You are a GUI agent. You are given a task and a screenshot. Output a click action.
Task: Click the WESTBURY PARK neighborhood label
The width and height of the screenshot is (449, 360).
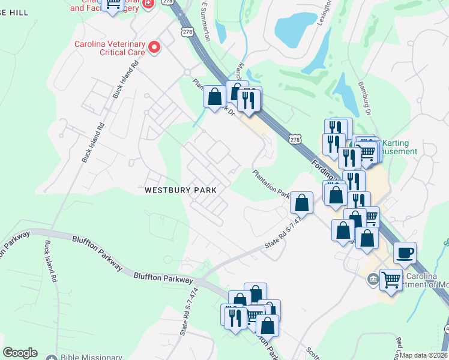click(180, 190)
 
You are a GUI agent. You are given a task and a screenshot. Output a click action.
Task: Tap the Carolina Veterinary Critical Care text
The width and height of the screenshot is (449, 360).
click(109, 48)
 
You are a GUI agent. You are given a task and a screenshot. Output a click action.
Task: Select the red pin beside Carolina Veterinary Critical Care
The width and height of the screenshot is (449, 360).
click(155, 47)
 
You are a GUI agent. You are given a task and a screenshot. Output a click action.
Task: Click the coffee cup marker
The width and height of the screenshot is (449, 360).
click(405, 253)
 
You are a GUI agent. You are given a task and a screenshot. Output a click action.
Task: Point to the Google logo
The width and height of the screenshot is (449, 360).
click(20, 353)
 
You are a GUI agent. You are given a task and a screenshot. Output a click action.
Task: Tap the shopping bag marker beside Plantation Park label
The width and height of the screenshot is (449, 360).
click(301, 203)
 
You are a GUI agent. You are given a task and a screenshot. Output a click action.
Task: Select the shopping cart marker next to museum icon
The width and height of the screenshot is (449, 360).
click(391, 279)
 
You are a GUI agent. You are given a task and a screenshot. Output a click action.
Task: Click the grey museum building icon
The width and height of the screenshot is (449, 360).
click(372, 279)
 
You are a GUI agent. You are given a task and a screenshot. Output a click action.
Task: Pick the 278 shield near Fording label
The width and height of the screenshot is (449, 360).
click(294, 139)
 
